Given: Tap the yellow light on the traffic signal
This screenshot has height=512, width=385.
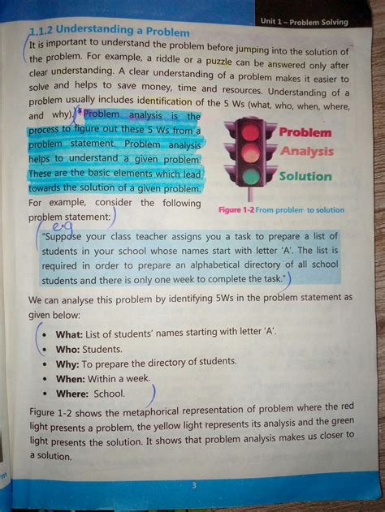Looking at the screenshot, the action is (251, 154).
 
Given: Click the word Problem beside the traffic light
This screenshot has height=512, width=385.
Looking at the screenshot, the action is (305, 131).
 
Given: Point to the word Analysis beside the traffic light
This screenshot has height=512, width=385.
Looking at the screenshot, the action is (307, 151).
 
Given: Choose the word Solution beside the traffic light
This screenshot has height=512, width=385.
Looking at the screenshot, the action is (305, 175).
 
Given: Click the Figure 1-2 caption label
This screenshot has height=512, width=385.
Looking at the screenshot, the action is (237, 209).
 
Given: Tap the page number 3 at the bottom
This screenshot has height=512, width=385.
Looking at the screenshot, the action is (194, 485).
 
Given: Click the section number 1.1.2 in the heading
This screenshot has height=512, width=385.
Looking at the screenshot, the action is (40, 31).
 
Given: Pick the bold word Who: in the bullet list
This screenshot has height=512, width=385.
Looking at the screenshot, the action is (67, 349).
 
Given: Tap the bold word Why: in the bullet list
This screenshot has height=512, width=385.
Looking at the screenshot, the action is (67, 364).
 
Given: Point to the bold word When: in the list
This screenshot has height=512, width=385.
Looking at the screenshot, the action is (71, 378).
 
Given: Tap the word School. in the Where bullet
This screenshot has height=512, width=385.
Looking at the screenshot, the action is (110, 394).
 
